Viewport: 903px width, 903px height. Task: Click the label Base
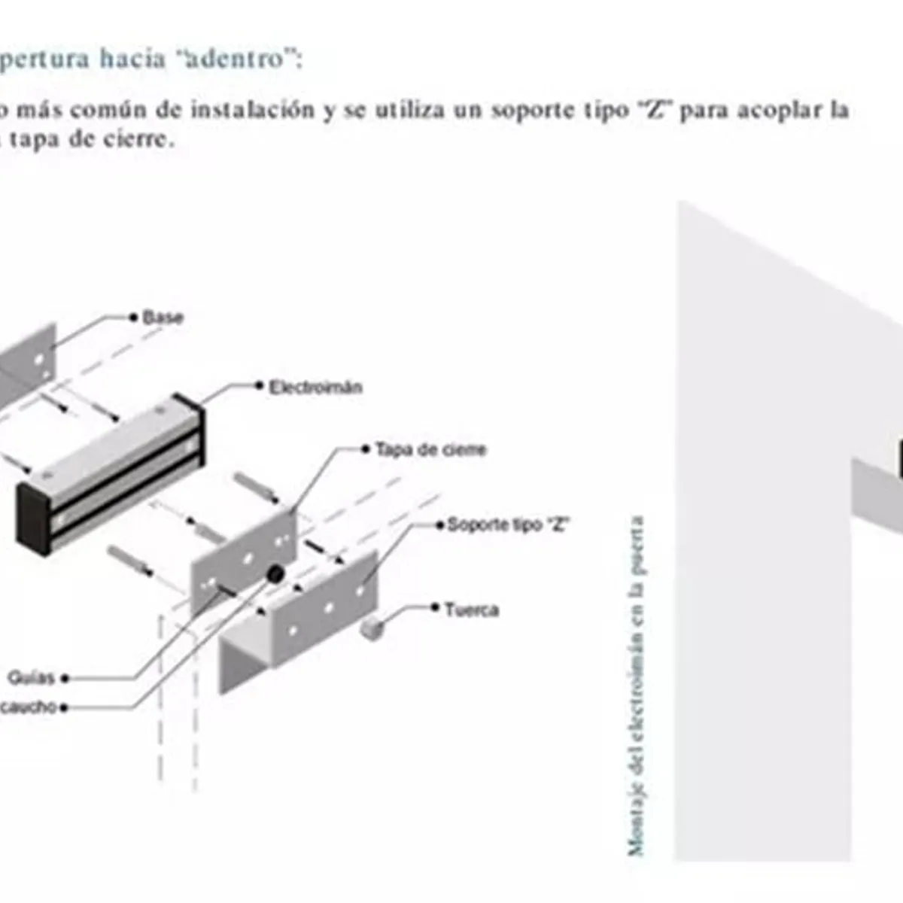[x=163, y=317]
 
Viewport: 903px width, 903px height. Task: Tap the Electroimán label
[x=315, y=388]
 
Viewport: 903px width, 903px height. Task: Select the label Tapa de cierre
[x=430, y=450]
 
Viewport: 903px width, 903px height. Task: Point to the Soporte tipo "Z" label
[x=507, y=524]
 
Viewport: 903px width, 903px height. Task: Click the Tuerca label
[x=471, y=610]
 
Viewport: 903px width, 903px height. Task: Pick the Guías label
[x=31, y=678]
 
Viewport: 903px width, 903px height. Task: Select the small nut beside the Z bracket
[x=370, y=626]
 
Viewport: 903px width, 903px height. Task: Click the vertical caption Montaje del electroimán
[x=636, y=685]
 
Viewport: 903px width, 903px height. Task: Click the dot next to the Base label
[x=134, y=317]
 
